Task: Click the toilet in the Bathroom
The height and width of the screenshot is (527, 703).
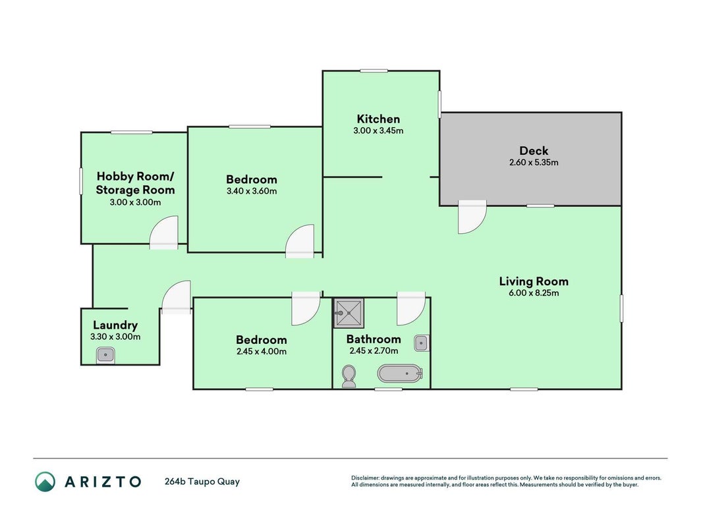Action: coord(349,376)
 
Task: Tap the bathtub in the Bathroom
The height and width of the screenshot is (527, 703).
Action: coord(400,374)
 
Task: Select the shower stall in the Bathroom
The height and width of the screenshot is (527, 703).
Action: coord(349,314)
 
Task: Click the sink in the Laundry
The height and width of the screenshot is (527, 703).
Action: coord(105,355)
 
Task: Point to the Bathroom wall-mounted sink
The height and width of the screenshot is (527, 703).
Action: coord(422,343)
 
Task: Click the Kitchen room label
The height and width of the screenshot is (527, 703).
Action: coord(378,119)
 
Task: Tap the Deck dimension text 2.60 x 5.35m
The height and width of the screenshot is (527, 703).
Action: coord(534,162)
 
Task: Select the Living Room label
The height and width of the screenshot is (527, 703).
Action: coord(534,281)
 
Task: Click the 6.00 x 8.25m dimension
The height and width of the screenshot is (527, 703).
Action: coord(534,293)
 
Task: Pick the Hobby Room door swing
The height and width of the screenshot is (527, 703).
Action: coord(163,232)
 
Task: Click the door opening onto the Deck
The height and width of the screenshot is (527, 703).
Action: coord(472,217)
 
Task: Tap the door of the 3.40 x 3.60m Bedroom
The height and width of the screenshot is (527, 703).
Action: coord(300,241)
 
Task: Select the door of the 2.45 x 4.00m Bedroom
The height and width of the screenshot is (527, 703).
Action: coord(306,308)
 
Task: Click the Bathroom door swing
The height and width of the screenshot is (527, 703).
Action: coord(411,308)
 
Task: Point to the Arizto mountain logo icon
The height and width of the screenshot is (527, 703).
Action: coord(45,482)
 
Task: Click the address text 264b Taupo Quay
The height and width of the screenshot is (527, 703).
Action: coord(202,482)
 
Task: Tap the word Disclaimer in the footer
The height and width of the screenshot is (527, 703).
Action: coord(366,478)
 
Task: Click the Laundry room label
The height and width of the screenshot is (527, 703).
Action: coord(115,325)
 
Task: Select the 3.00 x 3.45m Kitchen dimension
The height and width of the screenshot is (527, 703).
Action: coord(378,131)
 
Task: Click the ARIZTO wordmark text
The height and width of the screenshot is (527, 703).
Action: coord(103,482)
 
